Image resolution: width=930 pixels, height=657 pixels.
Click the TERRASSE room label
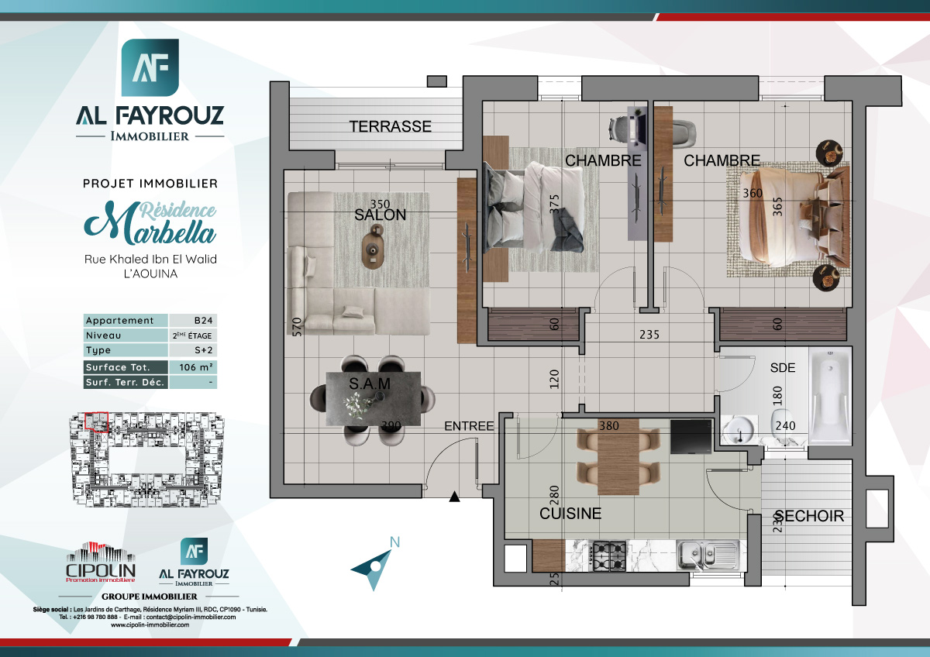[x=390, y=126]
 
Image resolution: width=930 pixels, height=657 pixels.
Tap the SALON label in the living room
[x=380, y=215]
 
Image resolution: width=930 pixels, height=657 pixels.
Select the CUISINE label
[x=570, y=514]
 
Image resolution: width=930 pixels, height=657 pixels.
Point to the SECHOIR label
[x=809, y=516]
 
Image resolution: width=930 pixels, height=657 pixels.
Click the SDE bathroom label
[x=783, y=368]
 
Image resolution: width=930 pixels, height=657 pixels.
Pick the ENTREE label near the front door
[x=469, y=426]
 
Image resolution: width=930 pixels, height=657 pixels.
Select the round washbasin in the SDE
[x=740, y=428]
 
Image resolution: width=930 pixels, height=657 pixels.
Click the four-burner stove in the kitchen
[x=609, y=555]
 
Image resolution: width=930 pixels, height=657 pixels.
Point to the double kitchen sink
[x=706, y=555]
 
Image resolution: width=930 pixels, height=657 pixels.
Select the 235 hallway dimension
[x=649, y=335]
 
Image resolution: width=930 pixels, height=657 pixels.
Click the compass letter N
[x=395, y=542]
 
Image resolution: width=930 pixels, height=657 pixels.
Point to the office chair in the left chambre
[x=622, y=126]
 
